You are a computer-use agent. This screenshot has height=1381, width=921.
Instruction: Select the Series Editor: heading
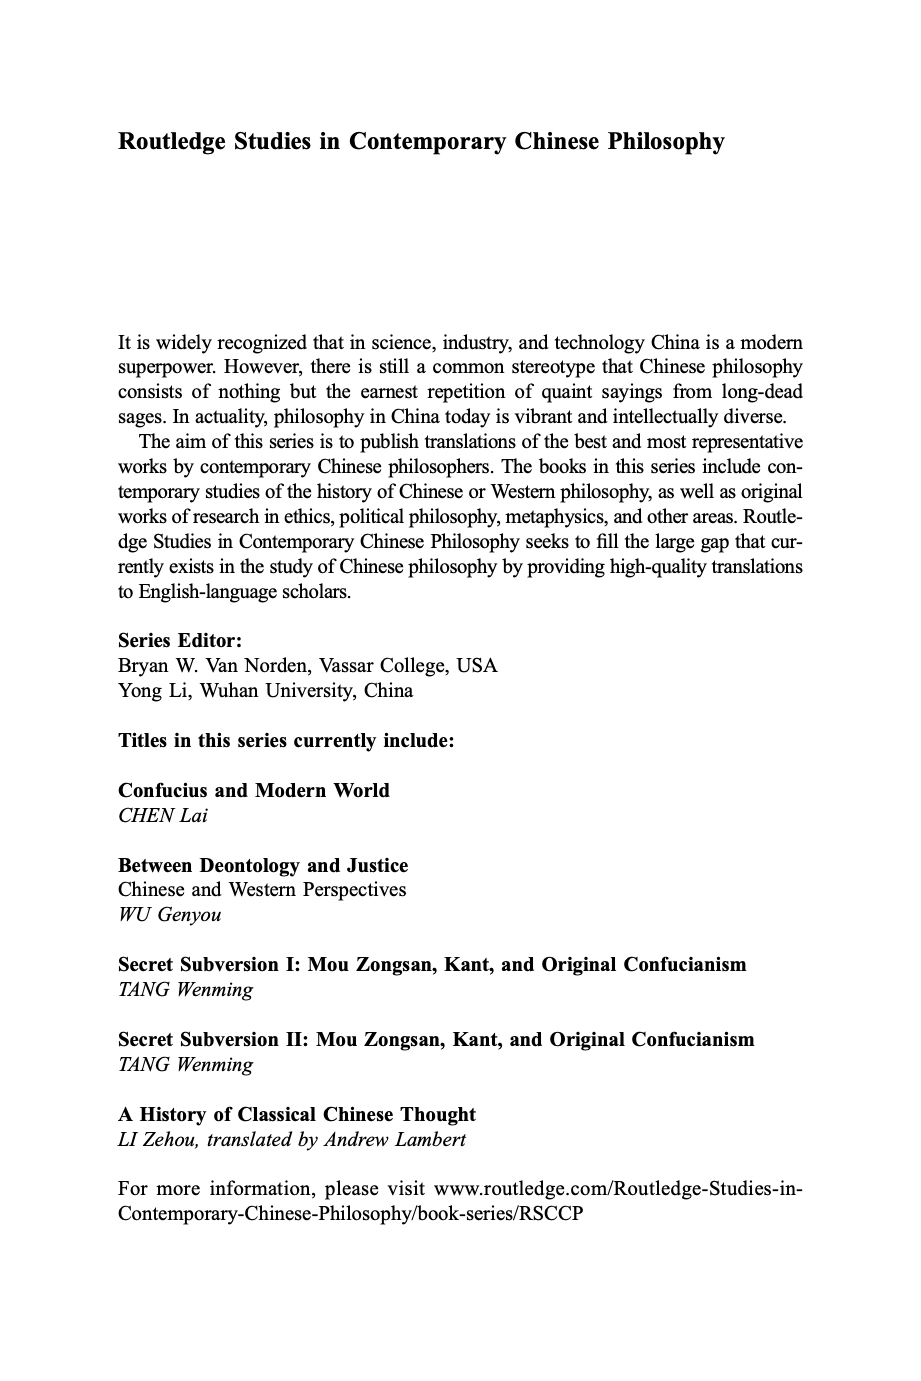(180, 641)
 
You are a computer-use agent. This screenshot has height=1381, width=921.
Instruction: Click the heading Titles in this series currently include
(286, 741)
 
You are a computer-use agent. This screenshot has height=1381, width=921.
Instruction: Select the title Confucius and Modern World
(254, 791)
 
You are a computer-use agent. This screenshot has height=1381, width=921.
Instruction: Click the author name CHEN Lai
(163, 816)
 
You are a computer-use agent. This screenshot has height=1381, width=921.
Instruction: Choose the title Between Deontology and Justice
(263, 866)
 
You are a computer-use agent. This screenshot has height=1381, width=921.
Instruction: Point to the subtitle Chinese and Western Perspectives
(262, 890)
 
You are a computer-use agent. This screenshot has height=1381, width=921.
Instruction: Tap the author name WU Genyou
(170, 915)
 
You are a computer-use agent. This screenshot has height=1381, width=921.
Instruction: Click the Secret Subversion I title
(432, 965)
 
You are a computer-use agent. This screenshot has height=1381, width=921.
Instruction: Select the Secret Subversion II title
(436, 1040)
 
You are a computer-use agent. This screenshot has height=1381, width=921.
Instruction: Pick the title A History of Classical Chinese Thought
(297, 1115)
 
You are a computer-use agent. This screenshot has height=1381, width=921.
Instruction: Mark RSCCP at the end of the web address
(549, 1214)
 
